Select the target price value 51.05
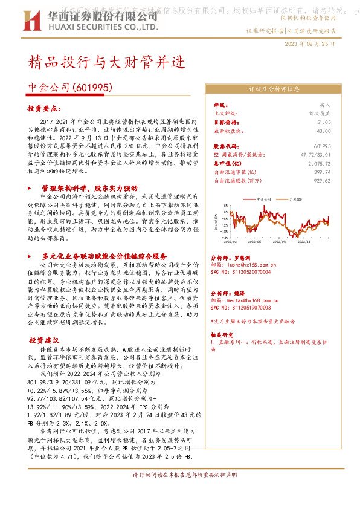click(x=323, y=122)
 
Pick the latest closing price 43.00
click(x=323, y=130)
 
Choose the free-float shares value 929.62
click(x=322, y=180)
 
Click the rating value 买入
click(x=325, y=105)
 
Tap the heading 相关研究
click(x=221, y=334)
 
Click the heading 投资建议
click(x=45, y=340)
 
